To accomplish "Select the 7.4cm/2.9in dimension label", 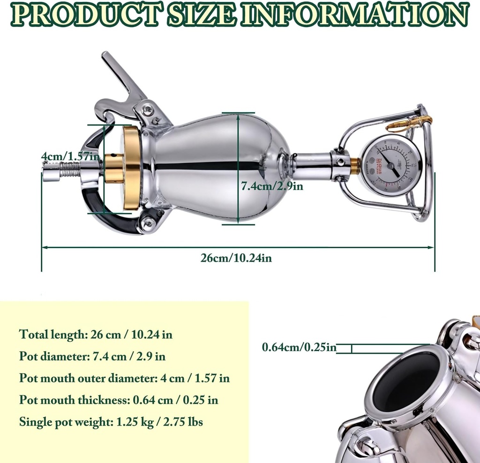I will pos(272,186).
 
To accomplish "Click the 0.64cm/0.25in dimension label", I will pos(312,347).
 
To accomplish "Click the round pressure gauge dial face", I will pos(391,166).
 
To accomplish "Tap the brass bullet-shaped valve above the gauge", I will pos(403,125).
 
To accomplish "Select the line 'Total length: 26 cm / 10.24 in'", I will pos(99,334).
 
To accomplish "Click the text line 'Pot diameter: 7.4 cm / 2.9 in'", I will pos(92,356).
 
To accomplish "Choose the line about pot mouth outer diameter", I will pos(124,378).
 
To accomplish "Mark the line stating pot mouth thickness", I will pos(119,400).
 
